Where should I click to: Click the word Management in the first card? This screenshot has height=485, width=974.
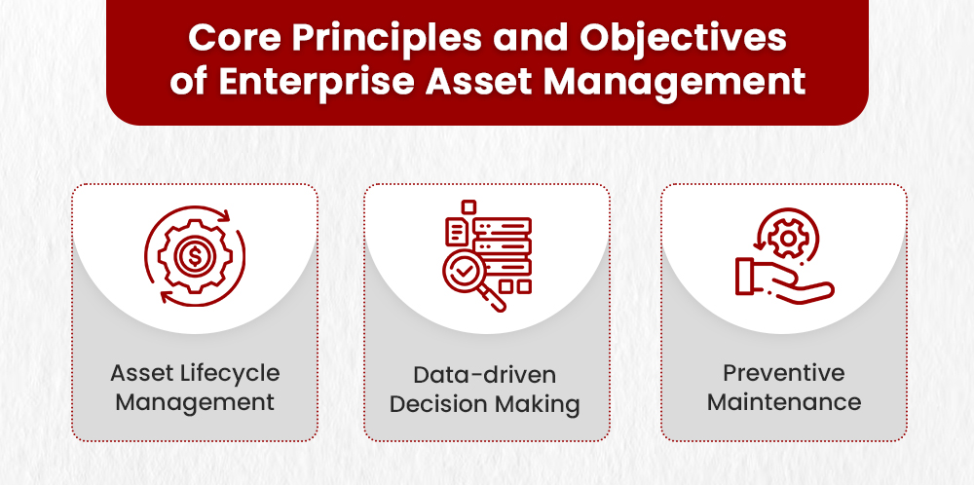195,401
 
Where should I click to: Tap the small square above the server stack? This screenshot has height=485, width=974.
468,206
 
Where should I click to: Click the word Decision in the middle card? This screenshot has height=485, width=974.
436,403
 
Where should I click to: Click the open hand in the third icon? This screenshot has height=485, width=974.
780,279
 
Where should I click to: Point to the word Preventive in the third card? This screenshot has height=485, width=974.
783,373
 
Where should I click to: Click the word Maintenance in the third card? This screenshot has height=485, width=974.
783,401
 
